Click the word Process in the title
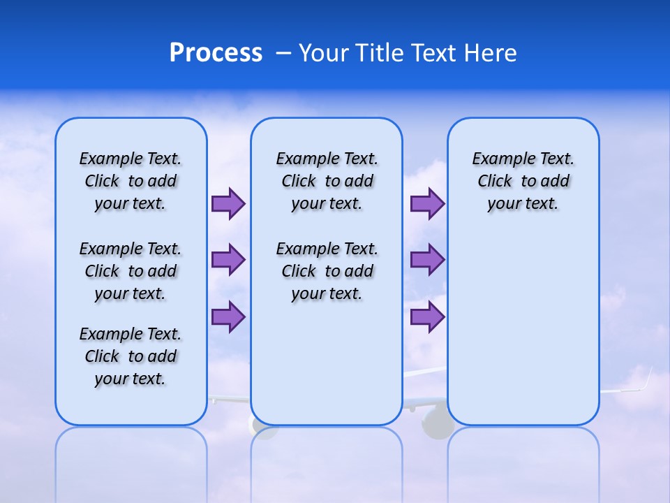[x=216, y=53]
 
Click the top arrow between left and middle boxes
[x=228, y=204]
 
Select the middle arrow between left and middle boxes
[x=228, y=260]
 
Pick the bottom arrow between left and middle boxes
[x=228, y=316]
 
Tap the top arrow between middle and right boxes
[x=427, y=204]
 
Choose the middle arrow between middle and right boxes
[x=427, y=260]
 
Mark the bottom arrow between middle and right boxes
[x=427, y=316]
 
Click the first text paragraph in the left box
[x=131, y=181]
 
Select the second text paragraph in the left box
[x=131, y=271]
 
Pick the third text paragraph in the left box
[x=131, y=356]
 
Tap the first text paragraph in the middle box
[x=327, y=181]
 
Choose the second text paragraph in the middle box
[x=327, y=271]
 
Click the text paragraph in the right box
[x=523, y=181]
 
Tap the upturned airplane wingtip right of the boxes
[x=646, y=380]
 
